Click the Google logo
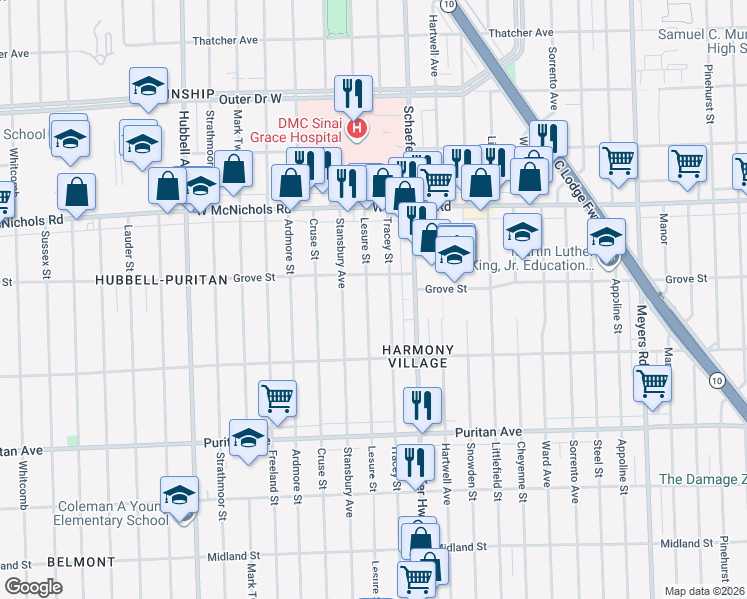33,586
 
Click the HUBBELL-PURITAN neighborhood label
161,281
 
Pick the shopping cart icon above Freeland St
277,398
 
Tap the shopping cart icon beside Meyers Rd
651,382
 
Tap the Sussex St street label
46,258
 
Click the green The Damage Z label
702,479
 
